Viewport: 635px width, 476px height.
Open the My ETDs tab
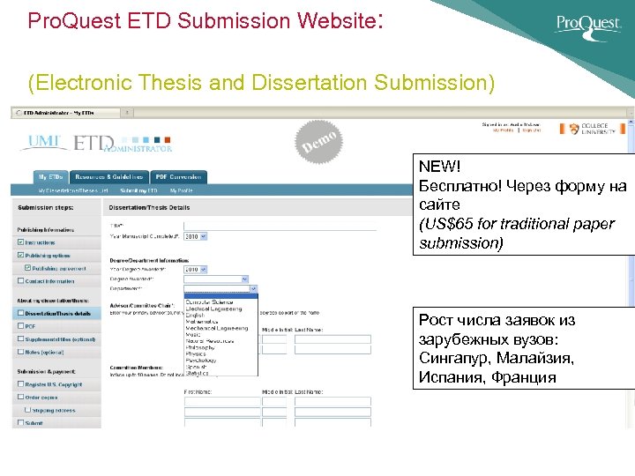[50, 176]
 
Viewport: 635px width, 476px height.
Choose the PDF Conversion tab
[179, 176]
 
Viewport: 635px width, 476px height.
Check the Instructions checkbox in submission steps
[20, 242]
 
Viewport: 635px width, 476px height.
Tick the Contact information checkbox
[20, 281]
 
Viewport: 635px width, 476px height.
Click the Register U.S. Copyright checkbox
[20, 384]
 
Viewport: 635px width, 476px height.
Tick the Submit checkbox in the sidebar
[20, 423]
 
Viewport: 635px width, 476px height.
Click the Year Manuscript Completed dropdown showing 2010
[194, 236]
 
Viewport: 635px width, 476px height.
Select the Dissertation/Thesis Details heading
[149, 208]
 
